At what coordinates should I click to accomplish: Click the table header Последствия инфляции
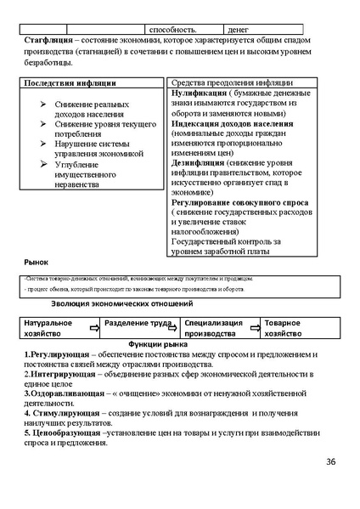(69, 83)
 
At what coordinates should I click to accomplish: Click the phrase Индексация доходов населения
(232, 123)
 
